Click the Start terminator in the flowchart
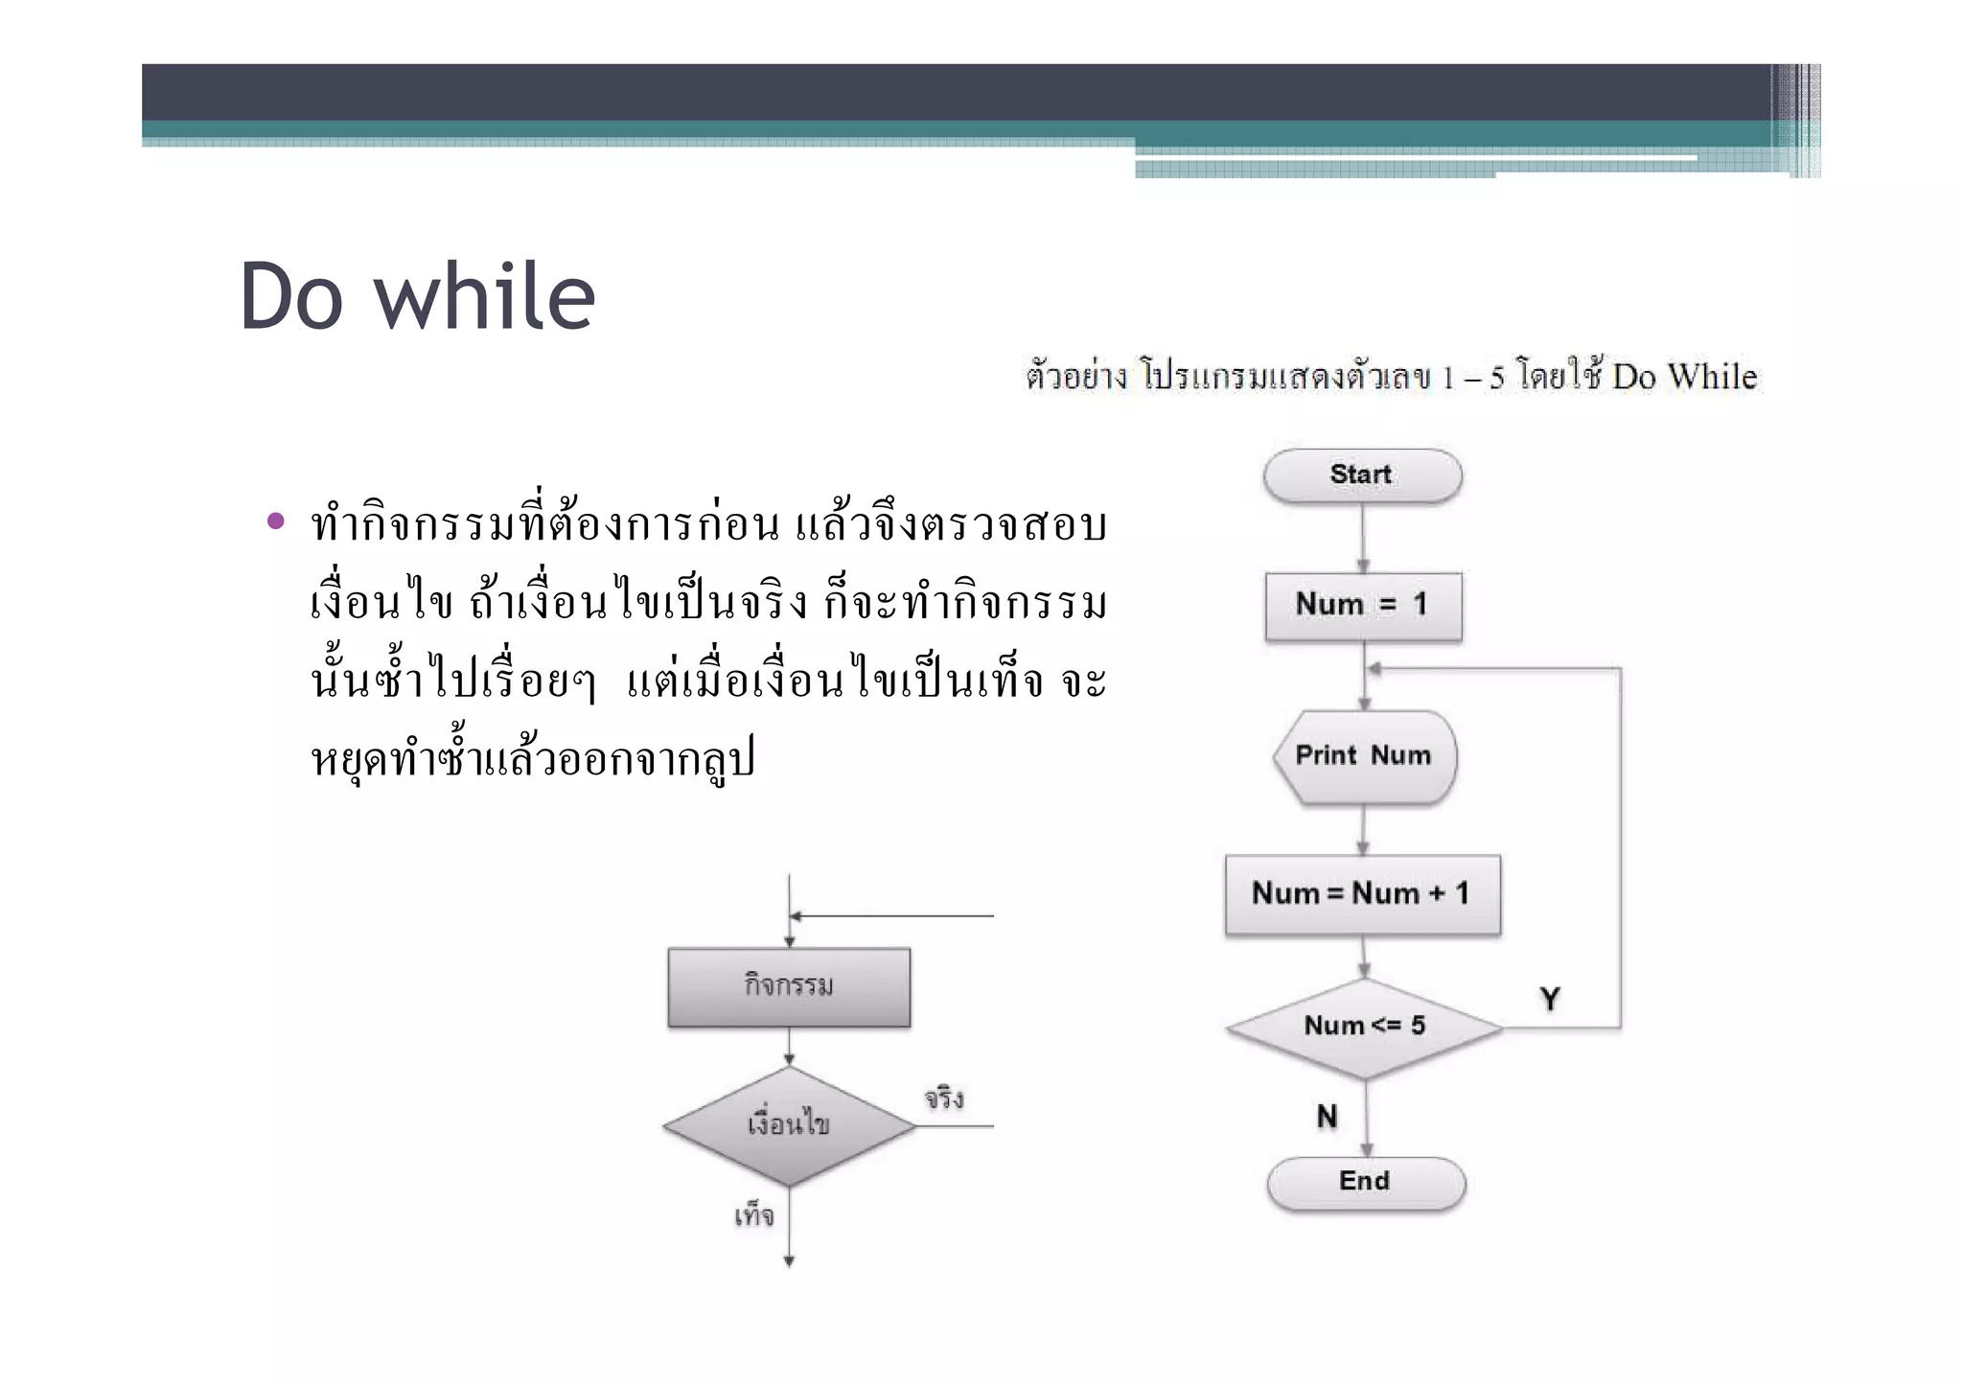(1362, 475)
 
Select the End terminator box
(1365, 1182)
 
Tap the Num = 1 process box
(1363, 605)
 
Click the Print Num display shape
(1364, 756)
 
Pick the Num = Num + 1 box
(1362, 894)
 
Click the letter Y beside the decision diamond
(1550, 1000)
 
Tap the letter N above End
(1328, 1117)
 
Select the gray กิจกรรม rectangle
(789, 986)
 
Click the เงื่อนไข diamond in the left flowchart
(789, 1125)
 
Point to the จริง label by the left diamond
(944, 1098)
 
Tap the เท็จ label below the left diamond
(754, 1216)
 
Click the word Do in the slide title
(291, 298)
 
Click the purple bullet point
(276, 521)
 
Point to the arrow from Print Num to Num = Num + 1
(1363, 830)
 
